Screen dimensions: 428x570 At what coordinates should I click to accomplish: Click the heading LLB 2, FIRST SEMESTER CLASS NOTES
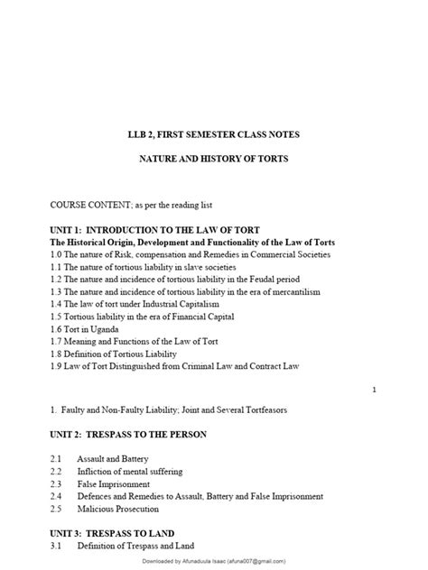click(213, 134)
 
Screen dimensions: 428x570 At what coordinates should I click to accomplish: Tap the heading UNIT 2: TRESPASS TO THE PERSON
click(142, 435)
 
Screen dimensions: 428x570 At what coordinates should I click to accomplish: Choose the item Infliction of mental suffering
click(129, 472)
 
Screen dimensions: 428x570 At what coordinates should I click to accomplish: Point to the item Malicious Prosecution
click(121, 509)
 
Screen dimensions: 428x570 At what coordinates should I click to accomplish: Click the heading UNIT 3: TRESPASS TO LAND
click(125, 533)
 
